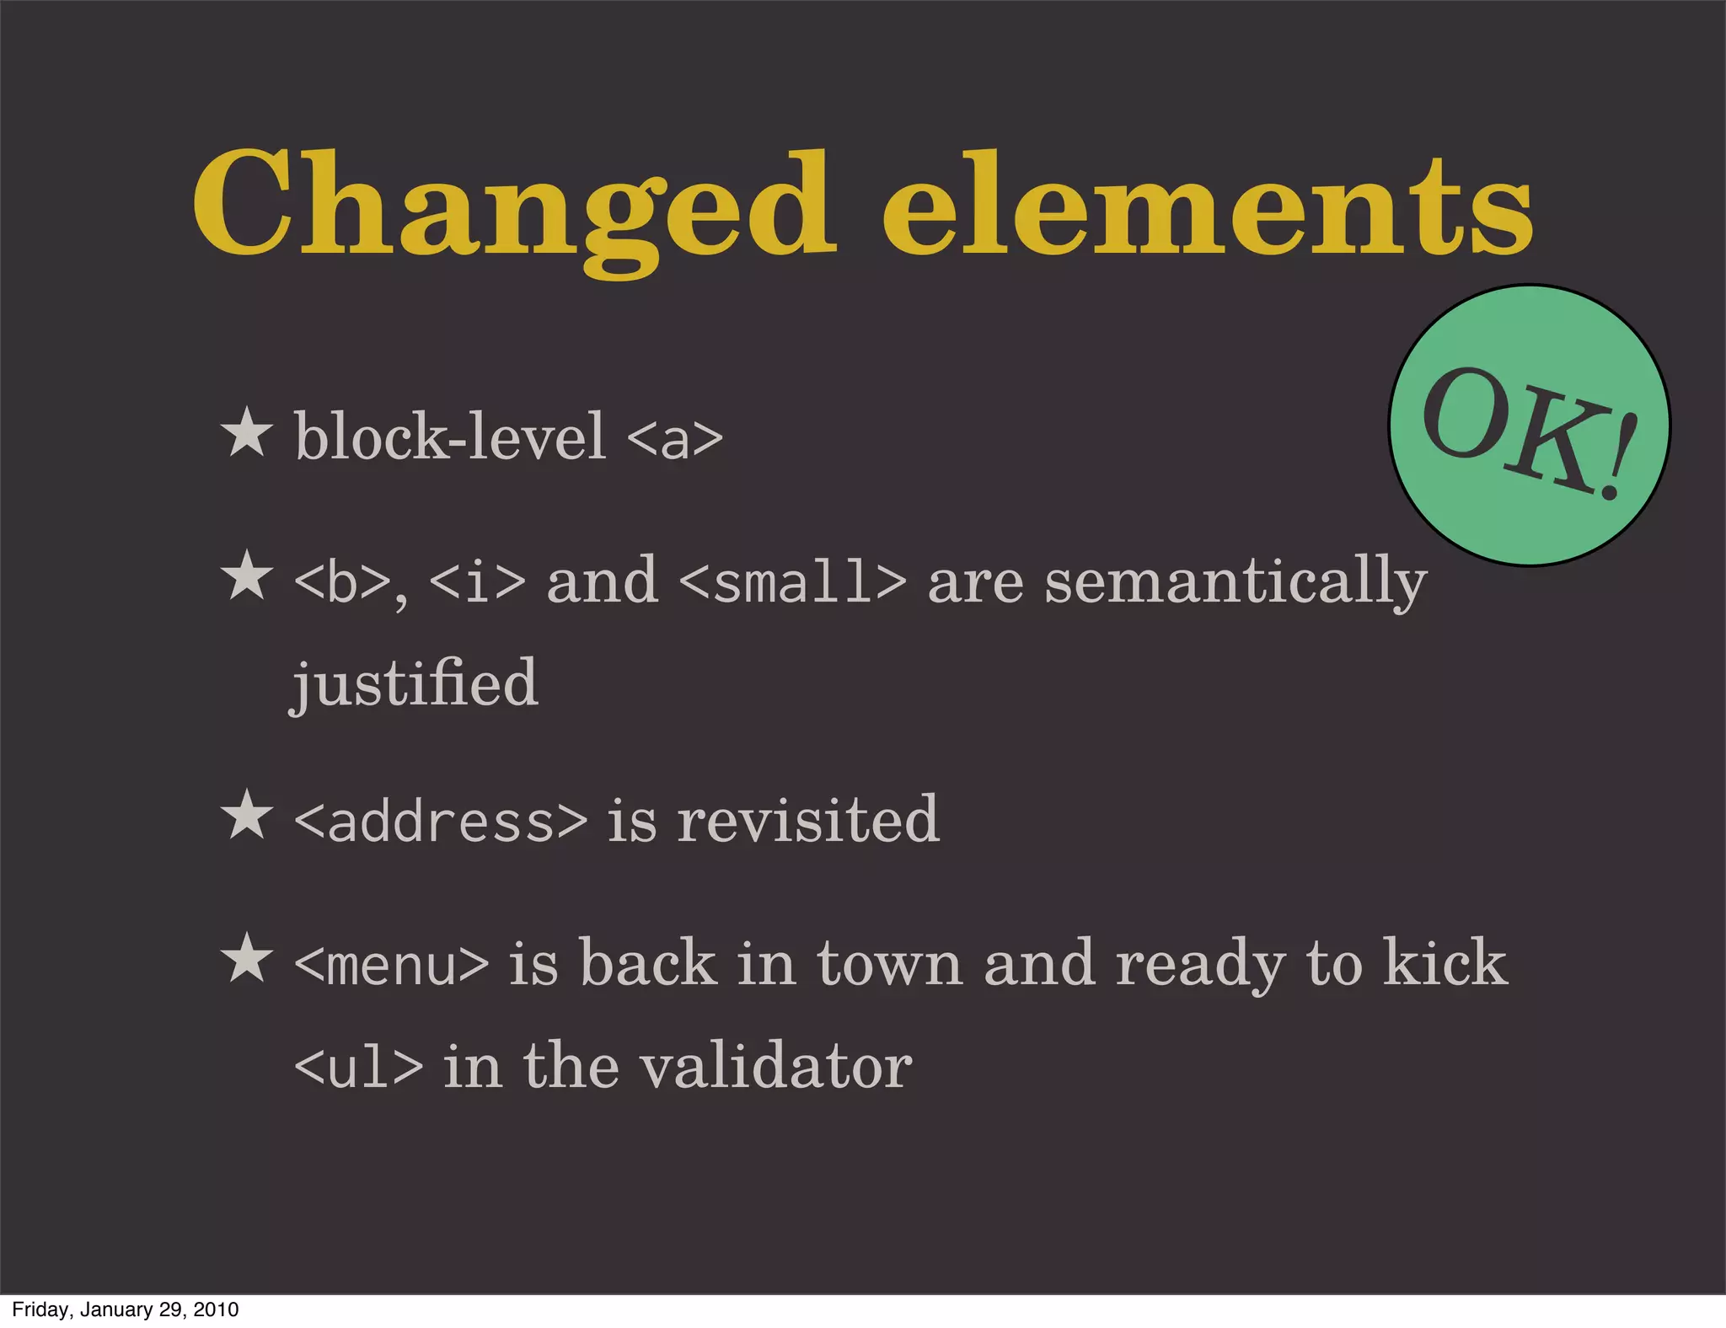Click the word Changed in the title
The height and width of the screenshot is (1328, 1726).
tap(514, 206)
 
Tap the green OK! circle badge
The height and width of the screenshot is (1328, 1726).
tap(1529, 426)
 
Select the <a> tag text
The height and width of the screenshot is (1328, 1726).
tap(674, 438)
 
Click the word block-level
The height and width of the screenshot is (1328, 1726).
tap(450, 436)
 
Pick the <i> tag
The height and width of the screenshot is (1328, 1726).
tap(477, 581)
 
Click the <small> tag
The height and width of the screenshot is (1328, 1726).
tap(792, 581)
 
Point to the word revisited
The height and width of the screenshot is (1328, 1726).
tap(807, 819)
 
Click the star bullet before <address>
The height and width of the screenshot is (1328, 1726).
tap(246, 816)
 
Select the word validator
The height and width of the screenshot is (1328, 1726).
tap(775, 1066)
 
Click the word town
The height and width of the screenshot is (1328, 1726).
tap(889, 963)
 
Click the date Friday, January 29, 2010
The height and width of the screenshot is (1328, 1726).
tap(126, 1309)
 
